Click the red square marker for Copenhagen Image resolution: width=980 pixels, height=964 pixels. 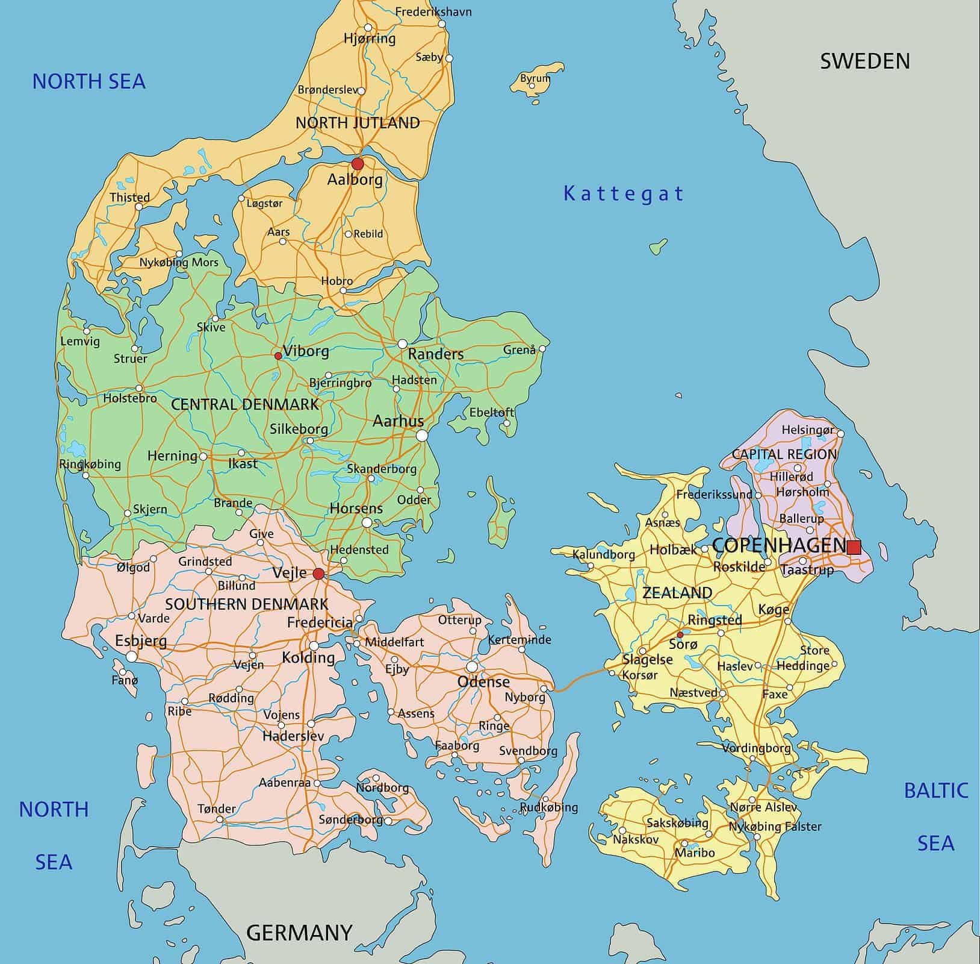click(854, 547)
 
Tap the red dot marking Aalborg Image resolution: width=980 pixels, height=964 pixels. click(358, 164)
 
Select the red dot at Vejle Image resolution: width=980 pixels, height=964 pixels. click(318, 574)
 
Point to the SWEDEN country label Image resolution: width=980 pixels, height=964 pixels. click(864, 61)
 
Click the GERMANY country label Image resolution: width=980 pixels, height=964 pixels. click(299, 932)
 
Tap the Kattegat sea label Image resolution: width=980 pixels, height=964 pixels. click(624, 194)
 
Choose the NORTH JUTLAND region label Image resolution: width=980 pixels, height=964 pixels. click(358, 123)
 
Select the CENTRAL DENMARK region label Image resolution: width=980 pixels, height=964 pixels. click(245, 404)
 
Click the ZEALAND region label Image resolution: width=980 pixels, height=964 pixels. click(677, 593)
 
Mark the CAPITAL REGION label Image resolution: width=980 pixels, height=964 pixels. click(784, 454)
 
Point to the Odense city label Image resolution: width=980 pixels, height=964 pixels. click(483, 681)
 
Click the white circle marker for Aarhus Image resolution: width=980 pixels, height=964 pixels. click(422, 435)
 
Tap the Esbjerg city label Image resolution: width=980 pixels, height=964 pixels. click(141, 640)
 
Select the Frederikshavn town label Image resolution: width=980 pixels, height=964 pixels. click(433, 12)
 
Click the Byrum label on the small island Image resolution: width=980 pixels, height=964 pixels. click(535, 78)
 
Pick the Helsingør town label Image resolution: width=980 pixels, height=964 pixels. click(808, 430)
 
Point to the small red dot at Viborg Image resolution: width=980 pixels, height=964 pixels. click(278, 356)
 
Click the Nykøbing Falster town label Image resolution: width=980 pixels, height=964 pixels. click(775, 827)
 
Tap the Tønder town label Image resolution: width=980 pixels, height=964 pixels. click(217, 809)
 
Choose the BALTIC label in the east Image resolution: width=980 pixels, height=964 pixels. click(936, 790)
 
